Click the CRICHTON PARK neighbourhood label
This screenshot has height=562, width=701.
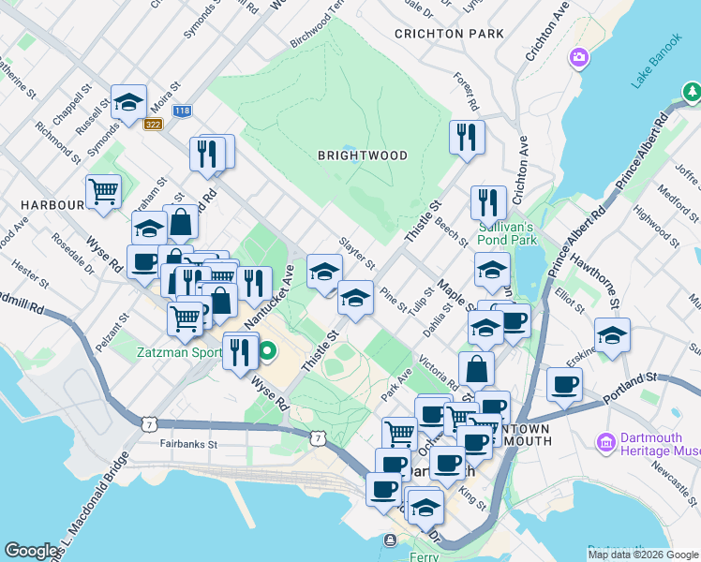click(449, 34)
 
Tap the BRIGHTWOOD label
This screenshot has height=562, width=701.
click(362, 155)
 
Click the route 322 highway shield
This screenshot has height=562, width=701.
click(154, 124)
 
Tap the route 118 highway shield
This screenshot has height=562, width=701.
click(183, 111)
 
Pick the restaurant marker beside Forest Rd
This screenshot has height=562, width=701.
click(465, 138)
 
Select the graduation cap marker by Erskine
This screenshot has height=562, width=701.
click(612, 335)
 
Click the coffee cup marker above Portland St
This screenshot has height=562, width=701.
click(564, 384)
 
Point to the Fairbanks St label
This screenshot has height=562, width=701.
click(187, 444)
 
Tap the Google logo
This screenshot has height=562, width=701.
click(33, 551)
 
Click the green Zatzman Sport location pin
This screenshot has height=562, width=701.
click(268, 353)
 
